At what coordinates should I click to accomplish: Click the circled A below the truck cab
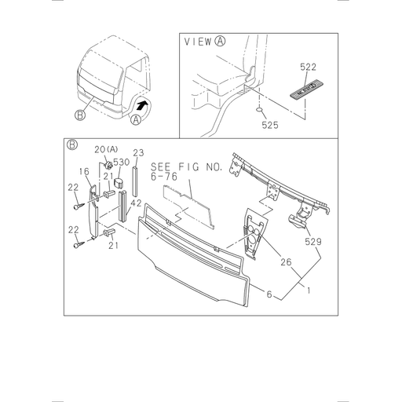pyautogui.click(x=137, y=119)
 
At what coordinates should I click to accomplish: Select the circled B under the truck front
pyautogui.click(x=80, y=115)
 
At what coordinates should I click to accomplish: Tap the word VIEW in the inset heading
pyautogui.click(x=199, y=42)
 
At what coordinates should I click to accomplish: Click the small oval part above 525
pyautogui.click(x=258, y=111)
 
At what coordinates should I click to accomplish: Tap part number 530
pyautogui.click(x=121, y=163)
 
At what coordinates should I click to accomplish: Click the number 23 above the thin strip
pyautogui.click(x=138, y=152)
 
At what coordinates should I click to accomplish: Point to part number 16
pyautogui.click(x=84, y=171)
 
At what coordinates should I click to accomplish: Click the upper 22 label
pyautogui.click(x=72, y=187)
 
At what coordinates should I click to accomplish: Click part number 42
pyautogui.click(x=135, y=203)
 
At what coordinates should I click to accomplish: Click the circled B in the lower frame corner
pyautogui.click(x=71, y=144)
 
